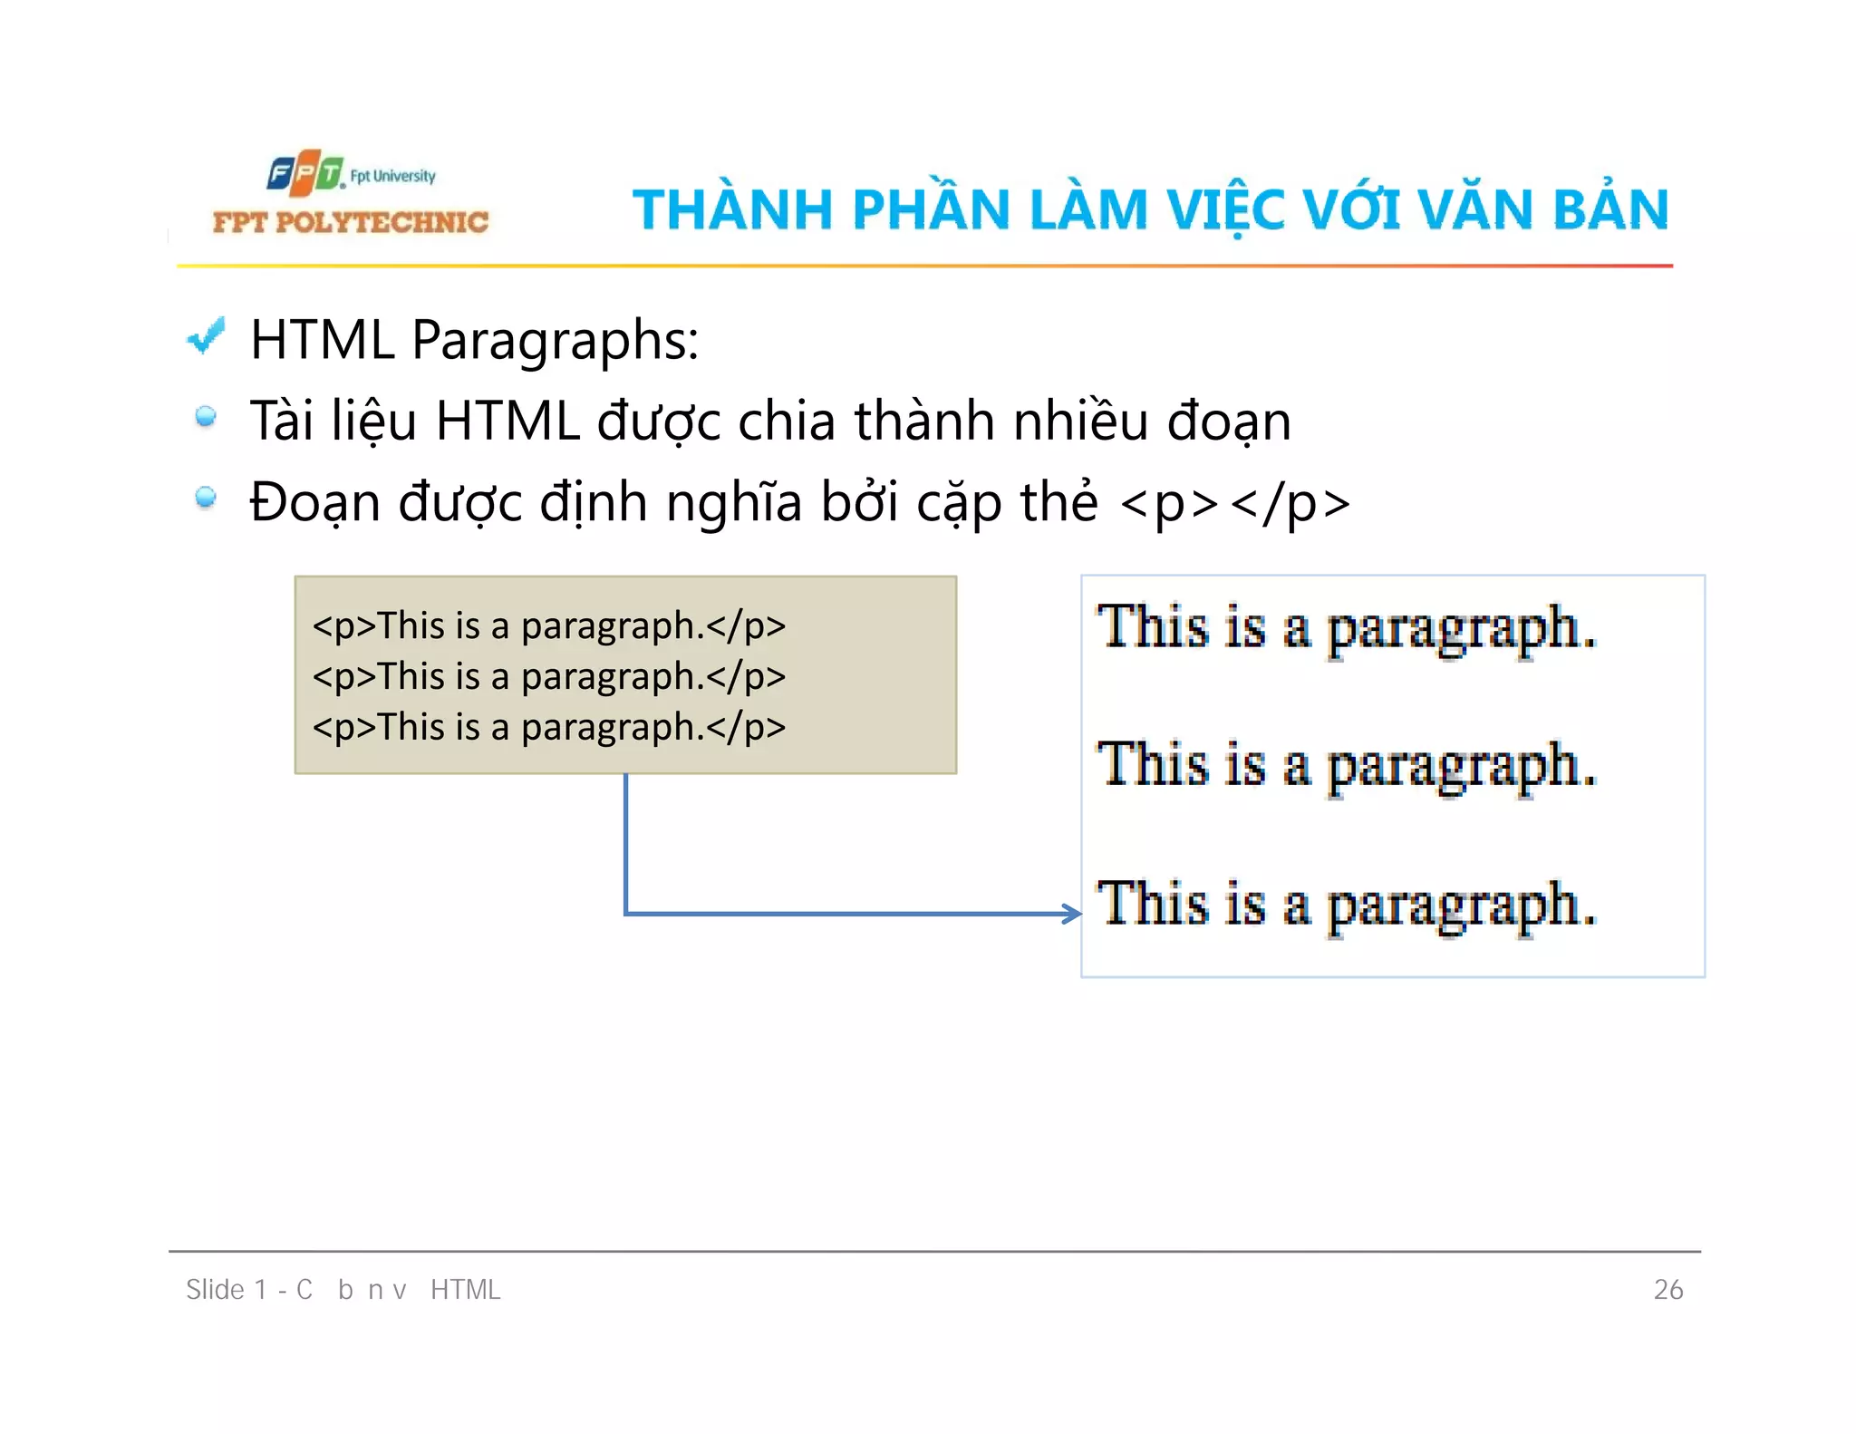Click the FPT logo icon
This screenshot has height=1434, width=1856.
(305, 173)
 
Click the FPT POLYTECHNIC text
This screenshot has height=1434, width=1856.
(350, 222)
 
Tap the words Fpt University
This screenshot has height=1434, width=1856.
(392, 176)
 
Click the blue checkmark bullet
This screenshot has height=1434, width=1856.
(206, 337)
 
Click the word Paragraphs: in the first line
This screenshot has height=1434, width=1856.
(555, 341)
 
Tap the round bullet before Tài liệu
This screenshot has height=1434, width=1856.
(206, 417)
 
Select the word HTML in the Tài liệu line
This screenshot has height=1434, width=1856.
(507, 421)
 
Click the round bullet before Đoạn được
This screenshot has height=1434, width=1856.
(206, 498)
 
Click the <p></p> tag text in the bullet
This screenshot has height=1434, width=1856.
(1234, 503)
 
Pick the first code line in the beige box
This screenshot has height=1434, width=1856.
(548, 626)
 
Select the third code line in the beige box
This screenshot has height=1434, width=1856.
(548, 727)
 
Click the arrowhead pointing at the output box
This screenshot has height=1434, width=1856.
(1072, 913)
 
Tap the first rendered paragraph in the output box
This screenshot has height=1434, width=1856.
(1346, 627)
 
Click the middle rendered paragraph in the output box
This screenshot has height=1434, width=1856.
(1346, 765)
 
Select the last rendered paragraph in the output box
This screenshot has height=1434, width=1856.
(1346, 904)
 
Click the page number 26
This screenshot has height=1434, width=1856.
(1667, 1289)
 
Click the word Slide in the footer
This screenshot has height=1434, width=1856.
(215, 1289)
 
